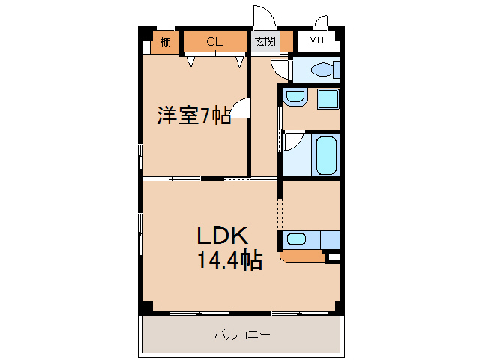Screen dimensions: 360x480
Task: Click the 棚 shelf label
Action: [165, 43]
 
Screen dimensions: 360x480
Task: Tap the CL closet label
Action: [214, 43]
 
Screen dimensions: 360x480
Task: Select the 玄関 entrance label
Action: [264, 43]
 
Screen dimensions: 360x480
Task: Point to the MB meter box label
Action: [316, 42]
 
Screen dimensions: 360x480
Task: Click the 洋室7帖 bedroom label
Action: [193, 116]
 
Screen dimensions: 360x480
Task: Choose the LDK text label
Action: [222, 235]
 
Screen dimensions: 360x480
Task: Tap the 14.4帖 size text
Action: [229, 260]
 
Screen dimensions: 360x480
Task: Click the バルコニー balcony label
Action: [241, 334]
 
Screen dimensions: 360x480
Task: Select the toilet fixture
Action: [322, 70]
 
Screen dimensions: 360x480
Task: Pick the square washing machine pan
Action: [328, 99]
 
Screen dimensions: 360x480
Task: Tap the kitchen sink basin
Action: [296, 240]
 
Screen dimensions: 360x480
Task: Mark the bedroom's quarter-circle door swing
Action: [240, 110]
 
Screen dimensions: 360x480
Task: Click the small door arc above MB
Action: [322, 21]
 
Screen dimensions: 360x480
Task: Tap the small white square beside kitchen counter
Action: [334, 257]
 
